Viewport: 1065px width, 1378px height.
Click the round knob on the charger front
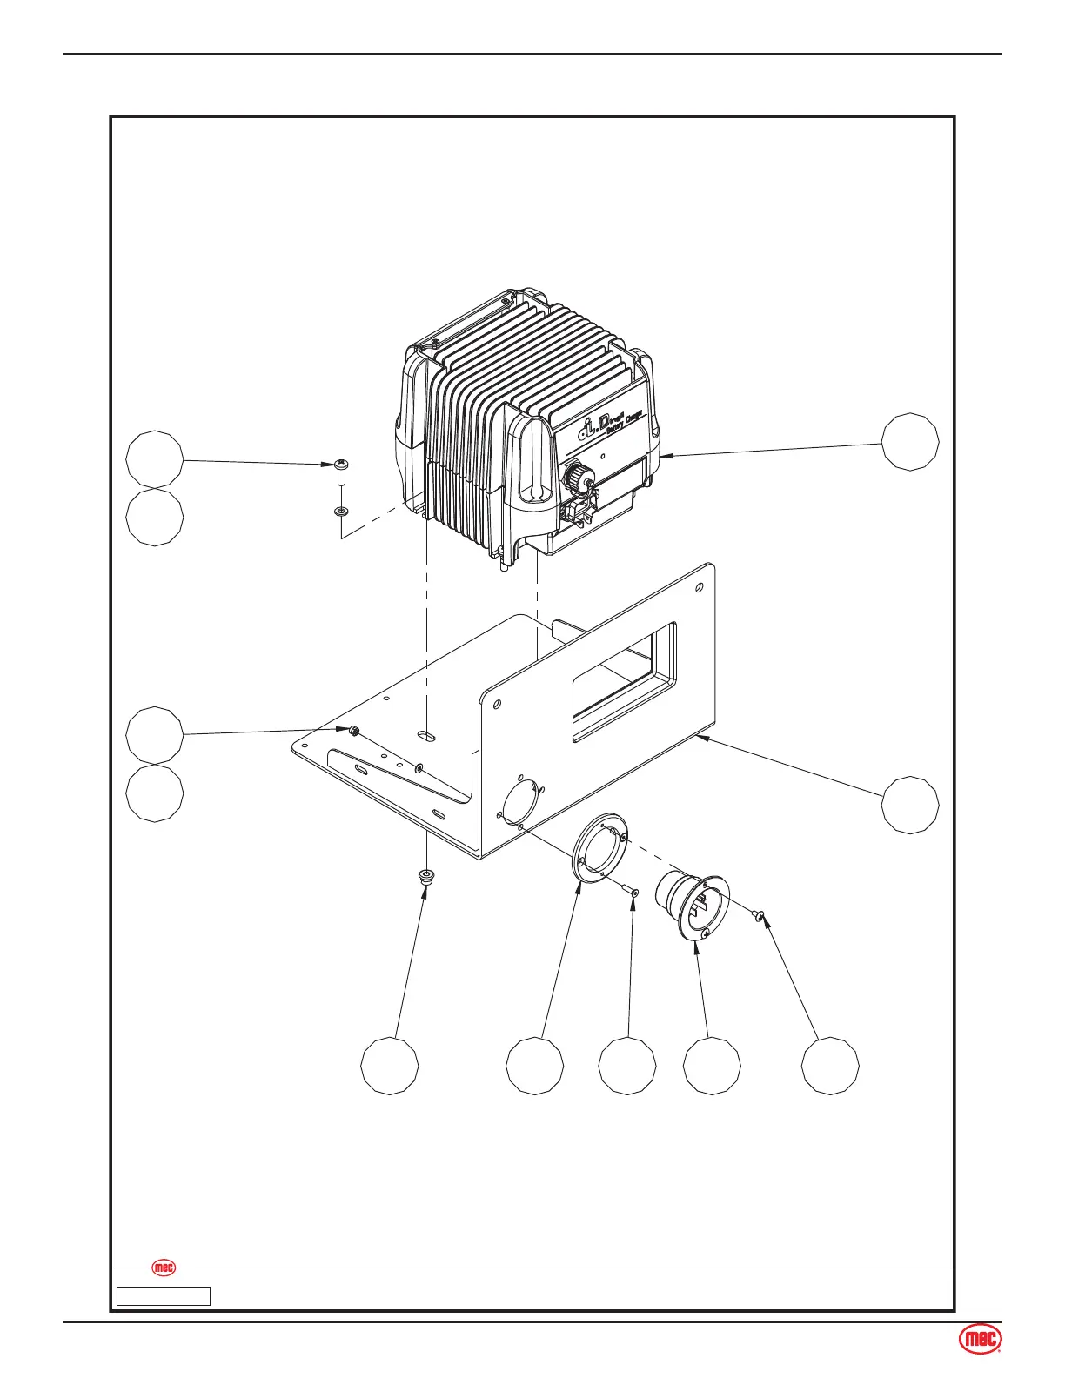(575, 476)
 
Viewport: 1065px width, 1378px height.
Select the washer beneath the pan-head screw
(341, 511)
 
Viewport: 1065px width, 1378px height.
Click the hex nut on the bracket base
(354, 732)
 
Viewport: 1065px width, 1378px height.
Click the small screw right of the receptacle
(759, 914)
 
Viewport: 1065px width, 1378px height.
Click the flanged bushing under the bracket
(426, 875)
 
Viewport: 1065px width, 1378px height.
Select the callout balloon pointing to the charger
(910, 442)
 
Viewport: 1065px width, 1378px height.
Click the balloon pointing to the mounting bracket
(910, 805)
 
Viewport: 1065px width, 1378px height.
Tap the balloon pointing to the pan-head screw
(155, 458)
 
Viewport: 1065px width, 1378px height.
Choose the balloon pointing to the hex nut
(155, 735)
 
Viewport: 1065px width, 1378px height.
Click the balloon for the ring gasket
(535, 1065)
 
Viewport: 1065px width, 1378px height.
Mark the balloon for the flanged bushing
(390, 1065)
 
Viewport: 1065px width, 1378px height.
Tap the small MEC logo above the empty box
(164, 1268)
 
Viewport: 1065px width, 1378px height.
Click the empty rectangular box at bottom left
(164, 1296)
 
